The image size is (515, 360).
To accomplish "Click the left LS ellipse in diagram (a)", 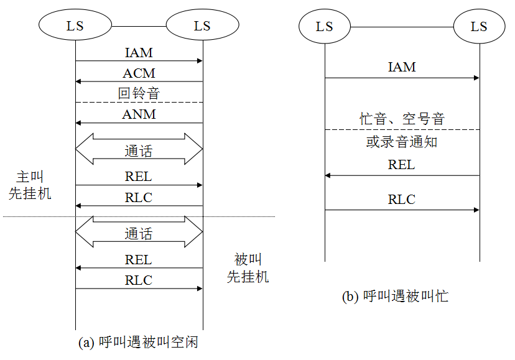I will [75, 26].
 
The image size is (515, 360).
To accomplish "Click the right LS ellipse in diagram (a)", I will [202, 26].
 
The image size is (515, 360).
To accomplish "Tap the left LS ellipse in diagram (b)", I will [324, 27].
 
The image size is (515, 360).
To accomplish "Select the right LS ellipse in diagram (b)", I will [479, 27].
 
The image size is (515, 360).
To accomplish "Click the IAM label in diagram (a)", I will [139, 53].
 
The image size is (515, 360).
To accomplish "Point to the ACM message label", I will [139, 74].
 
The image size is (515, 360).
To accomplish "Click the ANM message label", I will [139, 114].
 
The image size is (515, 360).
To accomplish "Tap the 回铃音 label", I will [139, 94].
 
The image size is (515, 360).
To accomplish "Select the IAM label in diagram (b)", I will [402, 67].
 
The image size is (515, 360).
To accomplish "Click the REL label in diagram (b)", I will [402, 165].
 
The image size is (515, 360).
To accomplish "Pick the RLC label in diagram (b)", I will [402, 200].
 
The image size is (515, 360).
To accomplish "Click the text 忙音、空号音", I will [402, 119].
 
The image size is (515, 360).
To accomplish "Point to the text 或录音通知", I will [402, 142].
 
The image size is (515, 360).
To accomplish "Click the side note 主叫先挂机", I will [30, 185].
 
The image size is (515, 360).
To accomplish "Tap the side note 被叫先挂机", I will [248, 268].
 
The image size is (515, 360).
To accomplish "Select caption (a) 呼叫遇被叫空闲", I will [138, 342].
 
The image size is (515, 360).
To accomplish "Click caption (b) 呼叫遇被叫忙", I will [395, 297].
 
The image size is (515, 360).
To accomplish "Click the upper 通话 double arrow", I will [139, 149].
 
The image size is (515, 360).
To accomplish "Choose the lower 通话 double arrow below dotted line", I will [139, 233].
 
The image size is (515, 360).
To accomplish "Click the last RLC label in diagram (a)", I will [139, 280].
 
